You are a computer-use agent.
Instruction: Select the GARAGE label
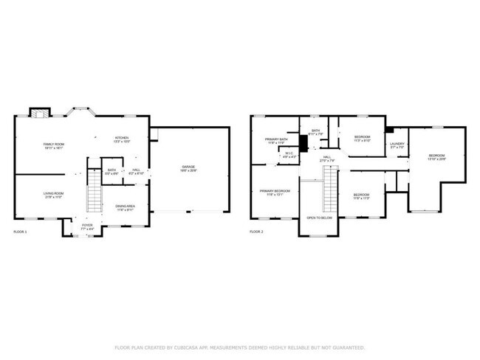pos(189,169)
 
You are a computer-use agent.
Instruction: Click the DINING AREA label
pos(125,207)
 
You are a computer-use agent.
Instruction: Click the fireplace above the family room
pos(39,113)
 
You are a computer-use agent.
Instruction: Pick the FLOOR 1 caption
pos(21,232)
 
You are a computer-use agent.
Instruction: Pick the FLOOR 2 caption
pos(256,232)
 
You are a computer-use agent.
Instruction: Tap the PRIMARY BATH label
pos(275,140)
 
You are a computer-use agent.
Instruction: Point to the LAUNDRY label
pos(397,145)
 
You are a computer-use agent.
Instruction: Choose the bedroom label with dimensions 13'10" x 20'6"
pos(437,156)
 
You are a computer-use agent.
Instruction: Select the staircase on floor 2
pos(329,190)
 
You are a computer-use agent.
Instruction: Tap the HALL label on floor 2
pos(326,158)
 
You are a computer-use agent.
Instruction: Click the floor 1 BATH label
pos(112,170)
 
